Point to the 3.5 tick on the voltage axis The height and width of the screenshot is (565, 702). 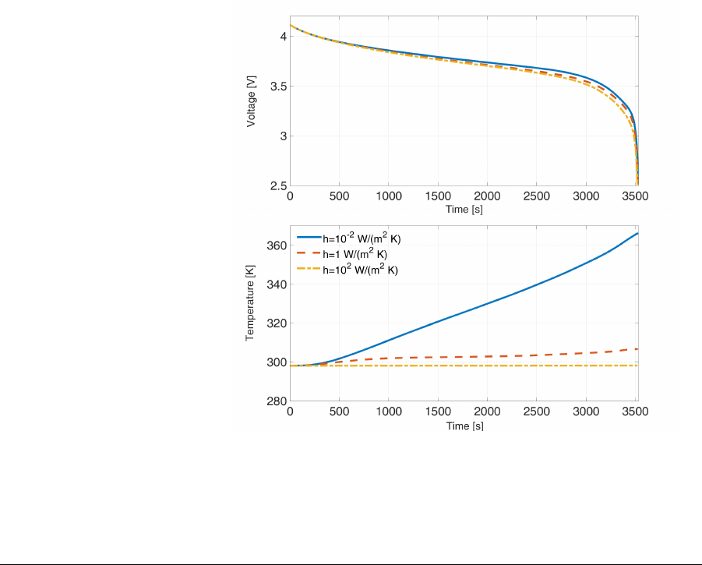pyautogui.click(x=277, y=87)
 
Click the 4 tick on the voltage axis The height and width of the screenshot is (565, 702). pyautogui.click(x=283, y=37)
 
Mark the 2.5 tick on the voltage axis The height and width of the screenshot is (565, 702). pyautogui.click(x=277, y=186)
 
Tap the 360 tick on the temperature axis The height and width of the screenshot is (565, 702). pyautogui.click(x=276, y=245)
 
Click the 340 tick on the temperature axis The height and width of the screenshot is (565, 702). pyautogui.click(x=276, y=284)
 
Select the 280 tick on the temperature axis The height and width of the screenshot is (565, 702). pyautogui.click(x=276, y=402)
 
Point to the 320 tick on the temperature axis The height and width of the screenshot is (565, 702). pyautogui.click(x=276, y=323)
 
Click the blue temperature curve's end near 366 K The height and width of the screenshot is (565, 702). pyautogui.click(x=637, y=234)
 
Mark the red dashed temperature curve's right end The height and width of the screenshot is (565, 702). pyautogui.click(x=637, y=348)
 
